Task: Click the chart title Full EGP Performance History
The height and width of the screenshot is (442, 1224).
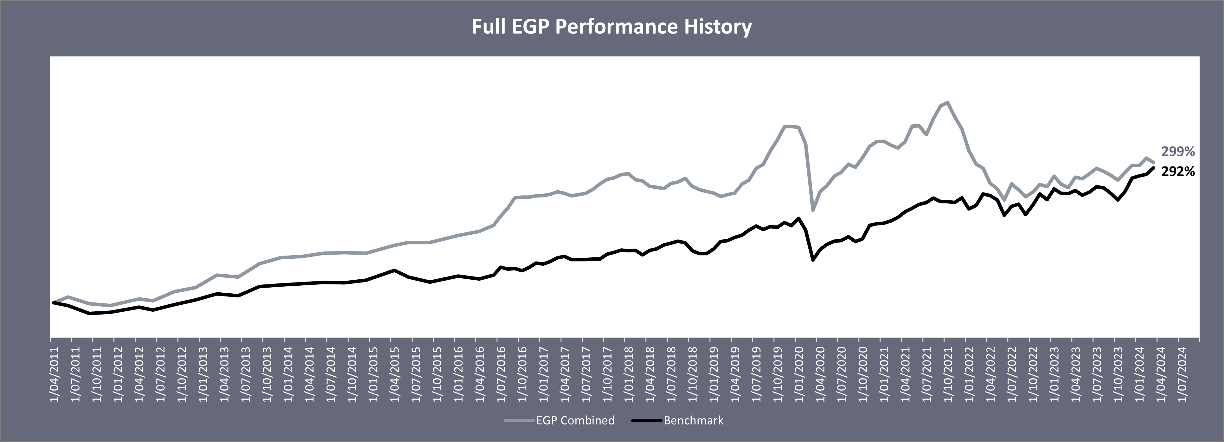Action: pos(612,27)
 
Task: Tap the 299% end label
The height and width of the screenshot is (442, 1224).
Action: pos(1178,152)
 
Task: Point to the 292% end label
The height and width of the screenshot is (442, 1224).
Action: pos(1178,172)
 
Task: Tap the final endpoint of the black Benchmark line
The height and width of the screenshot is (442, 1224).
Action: pos(1154,168)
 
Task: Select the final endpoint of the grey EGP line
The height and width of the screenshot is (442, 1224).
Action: pos(1154,163)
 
